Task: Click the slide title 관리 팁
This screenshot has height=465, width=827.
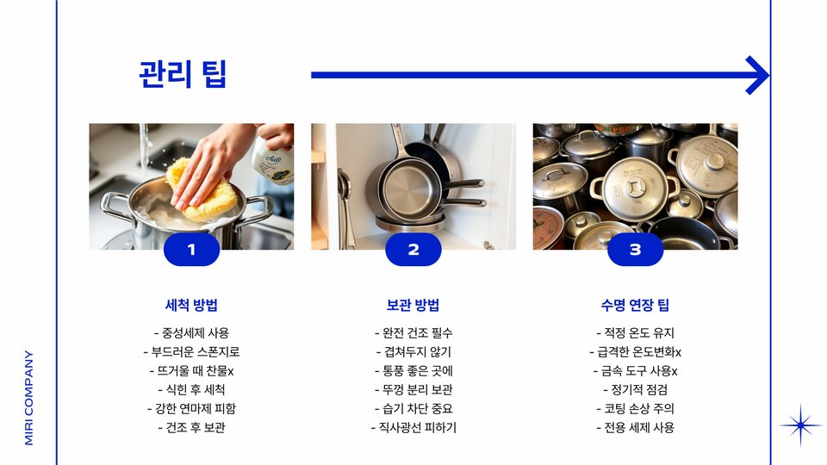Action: tap(183, 74)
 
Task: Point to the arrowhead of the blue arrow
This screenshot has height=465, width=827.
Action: tap(758, 76)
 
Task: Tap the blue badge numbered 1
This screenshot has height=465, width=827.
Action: tap(191, 250)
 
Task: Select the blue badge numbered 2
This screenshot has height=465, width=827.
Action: tap(413, 250)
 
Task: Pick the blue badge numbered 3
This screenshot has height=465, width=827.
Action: tap(636, 250)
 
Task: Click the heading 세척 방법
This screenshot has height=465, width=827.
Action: tap(191, 305)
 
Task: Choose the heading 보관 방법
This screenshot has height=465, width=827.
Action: tap(413, 305)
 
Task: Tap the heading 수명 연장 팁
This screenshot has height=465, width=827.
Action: tap(635, 305)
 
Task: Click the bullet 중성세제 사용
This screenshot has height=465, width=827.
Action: tap(191, 333)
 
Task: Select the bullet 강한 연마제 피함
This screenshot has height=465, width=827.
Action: tap(191, 408)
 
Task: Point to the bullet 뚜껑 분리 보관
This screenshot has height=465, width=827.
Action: tap(413, 389)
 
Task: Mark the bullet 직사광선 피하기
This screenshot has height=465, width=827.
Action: tap(413, 428)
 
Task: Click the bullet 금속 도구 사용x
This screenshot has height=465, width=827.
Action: tap(635, 371)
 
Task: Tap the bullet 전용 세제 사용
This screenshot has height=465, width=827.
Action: tap(635, 428)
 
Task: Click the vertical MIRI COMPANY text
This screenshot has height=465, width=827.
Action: tap(29, 398)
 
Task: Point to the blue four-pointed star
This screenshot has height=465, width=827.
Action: tap(800, 425)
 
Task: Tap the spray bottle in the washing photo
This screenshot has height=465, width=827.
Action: tap(273, 158)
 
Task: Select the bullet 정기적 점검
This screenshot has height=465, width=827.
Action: tap(635, 389)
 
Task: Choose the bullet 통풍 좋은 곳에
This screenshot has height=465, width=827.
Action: tap(413, 371)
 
